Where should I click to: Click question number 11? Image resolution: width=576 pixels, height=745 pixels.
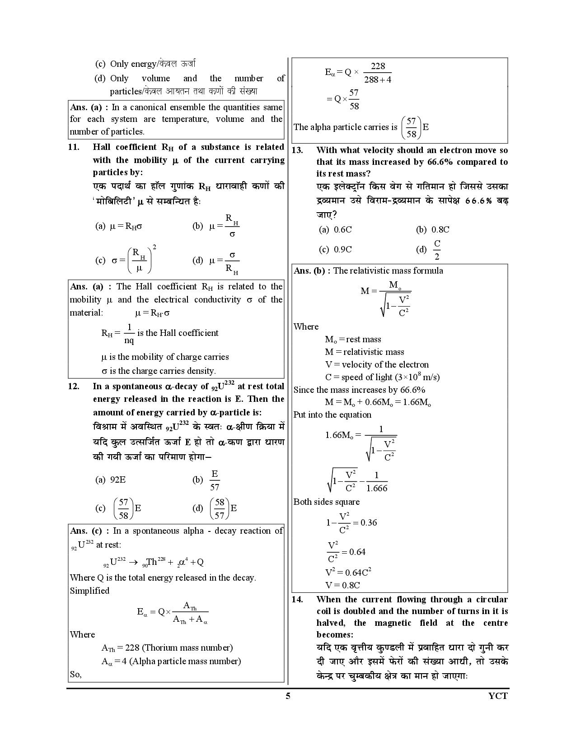(x=74, y=147)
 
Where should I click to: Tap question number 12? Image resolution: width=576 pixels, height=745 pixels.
(x=74, y=386)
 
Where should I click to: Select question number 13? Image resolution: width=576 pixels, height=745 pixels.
(x=297, y=150)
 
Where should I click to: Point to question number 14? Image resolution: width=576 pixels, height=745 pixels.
(x=297, y=600)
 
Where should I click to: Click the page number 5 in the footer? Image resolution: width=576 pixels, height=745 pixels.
(x=288, y=696)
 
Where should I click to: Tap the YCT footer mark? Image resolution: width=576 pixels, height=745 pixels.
(x=498, y=696)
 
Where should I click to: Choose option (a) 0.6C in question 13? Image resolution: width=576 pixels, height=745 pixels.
(x=335, y=229)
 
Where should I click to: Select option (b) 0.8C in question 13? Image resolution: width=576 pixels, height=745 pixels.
(x=432, y=229)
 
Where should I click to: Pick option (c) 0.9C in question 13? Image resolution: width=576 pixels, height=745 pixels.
(x=335, y=250)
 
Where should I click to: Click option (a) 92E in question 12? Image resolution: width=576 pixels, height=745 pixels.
(x=111, y=480)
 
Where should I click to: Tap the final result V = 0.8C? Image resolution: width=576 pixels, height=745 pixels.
(x=342, y=585)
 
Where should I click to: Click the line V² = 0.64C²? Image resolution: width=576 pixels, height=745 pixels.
(x=348, y=572)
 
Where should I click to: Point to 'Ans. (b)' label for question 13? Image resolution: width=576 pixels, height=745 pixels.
(x=311, y=271)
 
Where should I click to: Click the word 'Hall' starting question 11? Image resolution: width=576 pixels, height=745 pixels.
(x=103, y=147)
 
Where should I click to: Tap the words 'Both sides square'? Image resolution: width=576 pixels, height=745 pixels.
(x=326, y=502)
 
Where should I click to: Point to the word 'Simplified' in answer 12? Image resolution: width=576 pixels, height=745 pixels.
(x=89, y=591)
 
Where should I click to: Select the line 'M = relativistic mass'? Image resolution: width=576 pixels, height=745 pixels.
(x=364, y=352)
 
